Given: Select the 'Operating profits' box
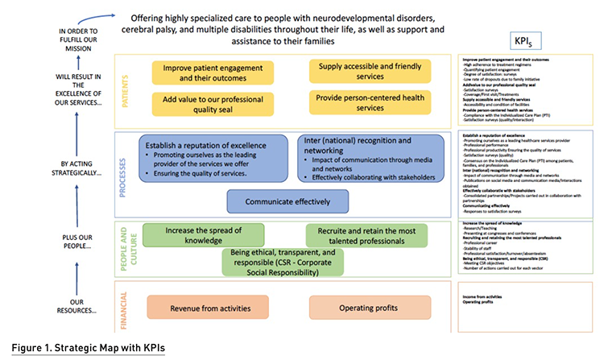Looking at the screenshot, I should (359, 308).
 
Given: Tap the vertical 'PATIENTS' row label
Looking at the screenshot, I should (126, 85).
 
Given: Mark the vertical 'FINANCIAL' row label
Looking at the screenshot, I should (126, 308).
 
